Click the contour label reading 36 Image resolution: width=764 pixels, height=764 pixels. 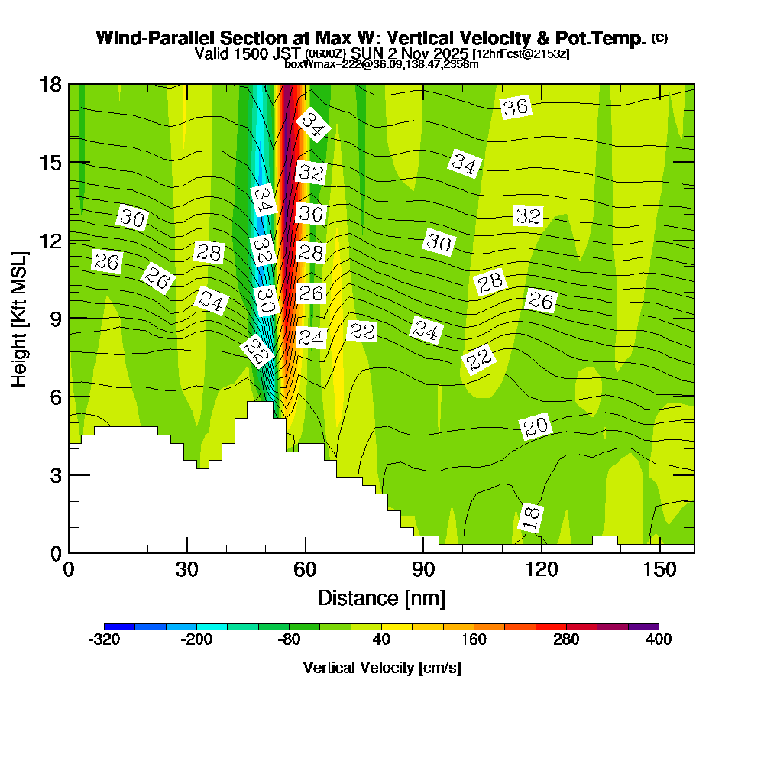pos(516,107)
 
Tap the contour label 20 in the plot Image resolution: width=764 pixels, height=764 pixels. pos(536,428)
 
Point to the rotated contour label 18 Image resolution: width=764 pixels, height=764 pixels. pos(530,518)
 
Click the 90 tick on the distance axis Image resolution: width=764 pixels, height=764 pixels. pos(423,570)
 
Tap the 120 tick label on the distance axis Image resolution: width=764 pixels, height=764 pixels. pos(541,570)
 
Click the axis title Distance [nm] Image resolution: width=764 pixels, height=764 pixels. pos(381,597)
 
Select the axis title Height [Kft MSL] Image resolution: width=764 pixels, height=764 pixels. pos(20,318)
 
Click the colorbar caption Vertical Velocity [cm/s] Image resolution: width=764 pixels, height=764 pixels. pos(381,668)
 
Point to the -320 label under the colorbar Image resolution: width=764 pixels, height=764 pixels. pos(104,639)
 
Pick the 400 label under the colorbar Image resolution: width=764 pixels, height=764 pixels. pos(659,639)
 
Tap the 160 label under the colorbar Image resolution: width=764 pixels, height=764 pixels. pos(474,639)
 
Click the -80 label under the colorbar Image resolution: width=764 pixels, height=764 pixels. pos(289,639)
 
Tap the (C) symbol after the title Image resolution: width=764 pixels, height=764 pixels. pos(660,37)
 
